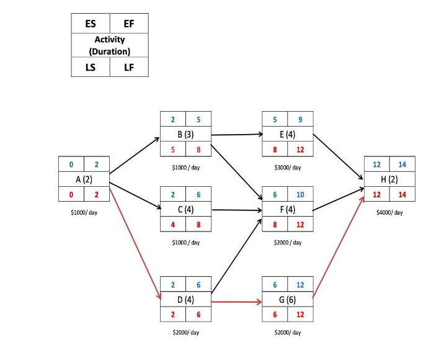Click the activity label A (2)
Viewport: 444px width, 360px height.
(83, 179)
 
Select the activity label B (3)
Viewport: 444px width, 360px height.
(185, 133)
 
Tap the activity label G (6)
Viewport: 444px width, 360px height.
(288, 302)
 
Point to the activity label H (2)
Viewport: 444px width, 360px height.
(389, 179)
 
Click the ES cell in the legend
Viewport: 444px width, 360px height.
(91, 24)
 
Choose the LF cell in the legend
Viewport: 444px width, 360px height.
(129, 67)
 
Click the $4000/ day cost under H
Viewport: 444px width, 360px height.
(389, 212)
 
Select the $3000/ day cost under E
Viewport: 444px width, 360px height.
(288, 168)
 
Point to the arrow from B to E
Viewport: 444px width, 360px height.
(236, 133)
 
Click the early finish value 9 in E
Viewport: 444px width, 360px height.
(300, 119)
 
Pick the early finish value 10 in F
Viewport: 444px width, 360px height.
(300, 194)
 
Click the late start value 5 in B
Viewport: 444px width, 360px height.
(173, 149)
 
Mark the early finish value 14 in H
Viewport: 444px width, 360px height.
(402, 164)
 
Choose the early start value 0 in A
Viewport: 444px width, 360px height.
(71, 164)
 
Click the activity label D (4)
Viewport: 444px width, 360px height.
(185, 302)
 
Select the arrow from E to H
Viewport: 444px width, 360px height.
(339, 155)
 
